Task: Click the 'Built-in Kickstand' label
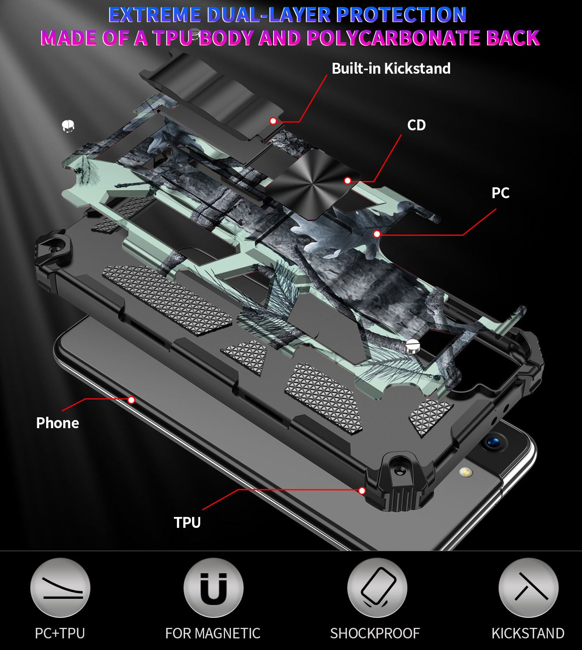pyautogui.click(x=391, y=68)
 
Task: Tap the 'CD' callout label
pyautogui.click(x=416, y=125)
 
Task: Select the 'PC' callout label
pyautogui.click(x=501, y=193)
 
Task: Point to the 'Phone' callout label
pyautogui.click(x=57, y=423)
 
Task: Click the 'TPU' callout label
pyautogui.click(x=187, y=522)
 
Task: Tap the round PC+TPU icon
pyautogui.click(x=60, y=588)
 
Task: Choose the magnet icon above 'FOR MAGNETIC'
pyautogui.click(x=213, y=588)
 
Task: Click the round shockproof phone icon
pyautogui.click(x=377, y=588)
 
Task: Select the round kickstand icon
pyautogui.click(x=528, y=588)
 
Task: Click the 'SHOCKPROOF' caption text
pyautogui.click(x=375, y=633)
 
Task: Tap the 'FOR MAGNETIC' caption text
pyautogui.click(x=213, y=633)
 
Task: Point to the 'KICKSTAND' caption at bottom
pyautogui.click(x=528, y=633)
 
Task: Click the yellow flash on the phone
pyautogui.click(x=464, y=472)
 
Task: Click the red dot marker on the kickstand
pyautogui.click(x=273, y=121)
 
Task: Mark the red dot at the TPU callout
pyautogui.click(x=362, y=491)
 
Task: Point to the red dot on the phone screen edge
pyautogui.click(x=132, y=400)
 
